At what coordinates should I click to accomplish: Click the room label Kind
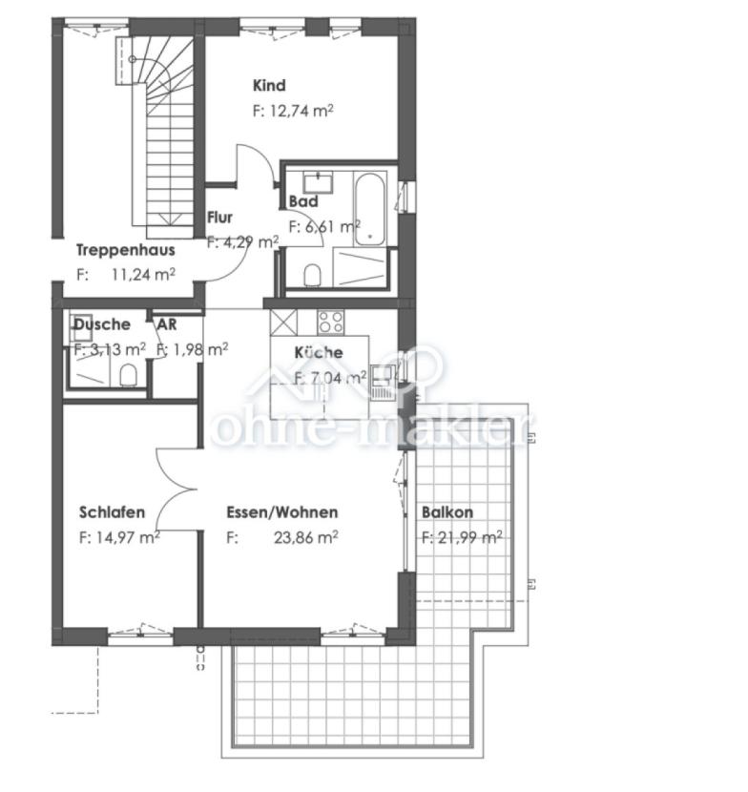[x=269, y=85]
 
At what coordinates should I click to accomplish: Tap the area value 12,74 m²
[x=301, y=111]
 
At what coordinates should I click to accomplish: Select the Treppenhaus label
[x=126, y=250]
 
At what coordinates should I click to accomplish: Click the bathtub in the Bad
[x=369, y=209]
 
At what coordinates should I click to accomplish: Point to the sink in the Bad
[x=318, y=182]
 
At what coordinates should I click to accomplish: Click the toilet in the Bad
[x=313, y=275]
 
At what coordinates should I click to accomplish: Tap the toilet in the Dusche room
[x=128, y=375]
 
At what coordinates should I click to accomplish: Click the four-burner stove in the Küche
[x=331, y=323]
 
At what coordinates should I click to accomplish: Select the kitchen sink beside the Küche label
[x=382, y=383]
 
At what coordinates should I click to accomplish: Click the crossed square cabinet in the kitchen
[x=284, y=323]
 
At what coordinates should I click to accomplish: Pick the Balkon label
[x=447, y=512]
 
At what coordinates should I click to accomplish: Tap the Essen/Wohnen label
[x=282, y=512]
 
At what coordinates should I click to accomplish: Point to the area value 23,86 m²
[x=306, y=537]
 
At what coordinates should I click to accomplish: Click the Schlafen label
[x=113, y=512]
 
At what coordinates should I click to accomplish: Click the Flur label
[x=219, y=218]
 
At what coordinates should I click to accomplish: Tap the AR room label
[x=167, y=324]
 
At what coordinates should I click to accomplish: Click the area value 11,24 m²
[x=143, y=275]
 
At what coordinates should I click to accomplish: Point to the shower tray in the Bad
[x=362, y=268]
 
